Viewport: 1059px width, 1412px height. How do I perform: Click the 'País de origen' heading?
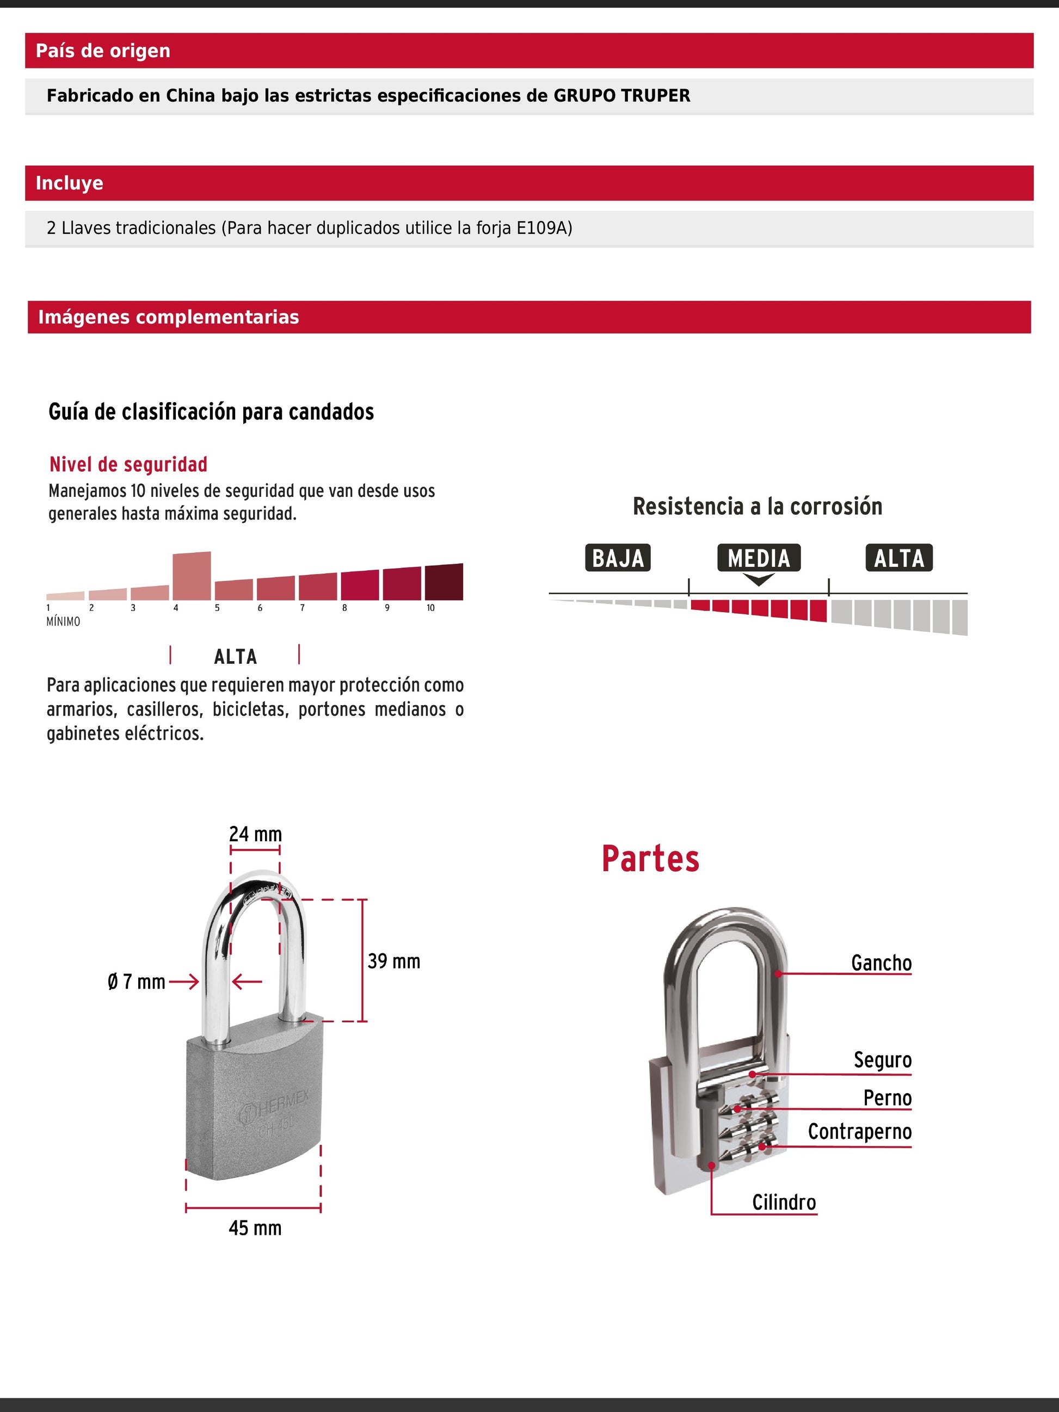coord(103,51)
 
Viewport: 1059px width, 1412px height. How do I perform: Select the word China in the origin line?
coord(190,96)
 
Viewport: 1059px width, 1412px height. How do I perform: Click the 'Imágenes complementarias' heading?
coord(169,317)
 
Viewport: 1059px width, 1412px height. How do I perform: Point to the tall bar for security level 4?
coord(192,576)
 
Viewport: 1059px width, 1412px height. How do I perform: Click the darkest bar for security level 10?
coord(444,582)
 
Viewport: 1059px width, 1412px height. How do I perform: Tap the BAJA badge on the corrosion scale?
coord(617,558)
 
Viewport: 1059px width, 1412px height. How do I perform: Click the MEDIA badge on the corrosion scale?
coord(759,558)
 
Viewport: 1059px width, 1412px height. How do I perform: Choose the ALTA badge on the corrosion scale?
coord(899,558)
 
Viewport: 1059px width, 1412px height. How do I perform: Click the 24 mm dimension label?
coord(255,834)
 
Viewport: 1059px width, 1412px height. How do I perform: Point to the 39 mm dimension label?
coord(394,961)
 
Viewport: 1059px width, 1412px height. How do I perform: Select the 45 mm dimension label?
coord(255,1228)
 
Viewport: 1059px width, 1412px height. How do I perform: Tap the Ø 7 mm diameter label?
coord(137,982)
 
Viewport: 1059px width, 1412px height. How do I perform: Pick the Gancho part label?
coord(881,963)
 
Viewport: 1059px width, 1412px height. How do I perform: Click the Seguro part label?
coord(883,1059)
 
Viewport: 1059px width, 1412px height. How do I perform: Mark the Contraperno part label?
coord(859,1132)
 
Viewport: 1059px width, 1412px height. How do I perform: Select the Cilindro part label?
coord(784,1203)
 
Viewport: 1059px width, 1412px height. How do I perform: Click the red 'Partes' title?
coord(650,859)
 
